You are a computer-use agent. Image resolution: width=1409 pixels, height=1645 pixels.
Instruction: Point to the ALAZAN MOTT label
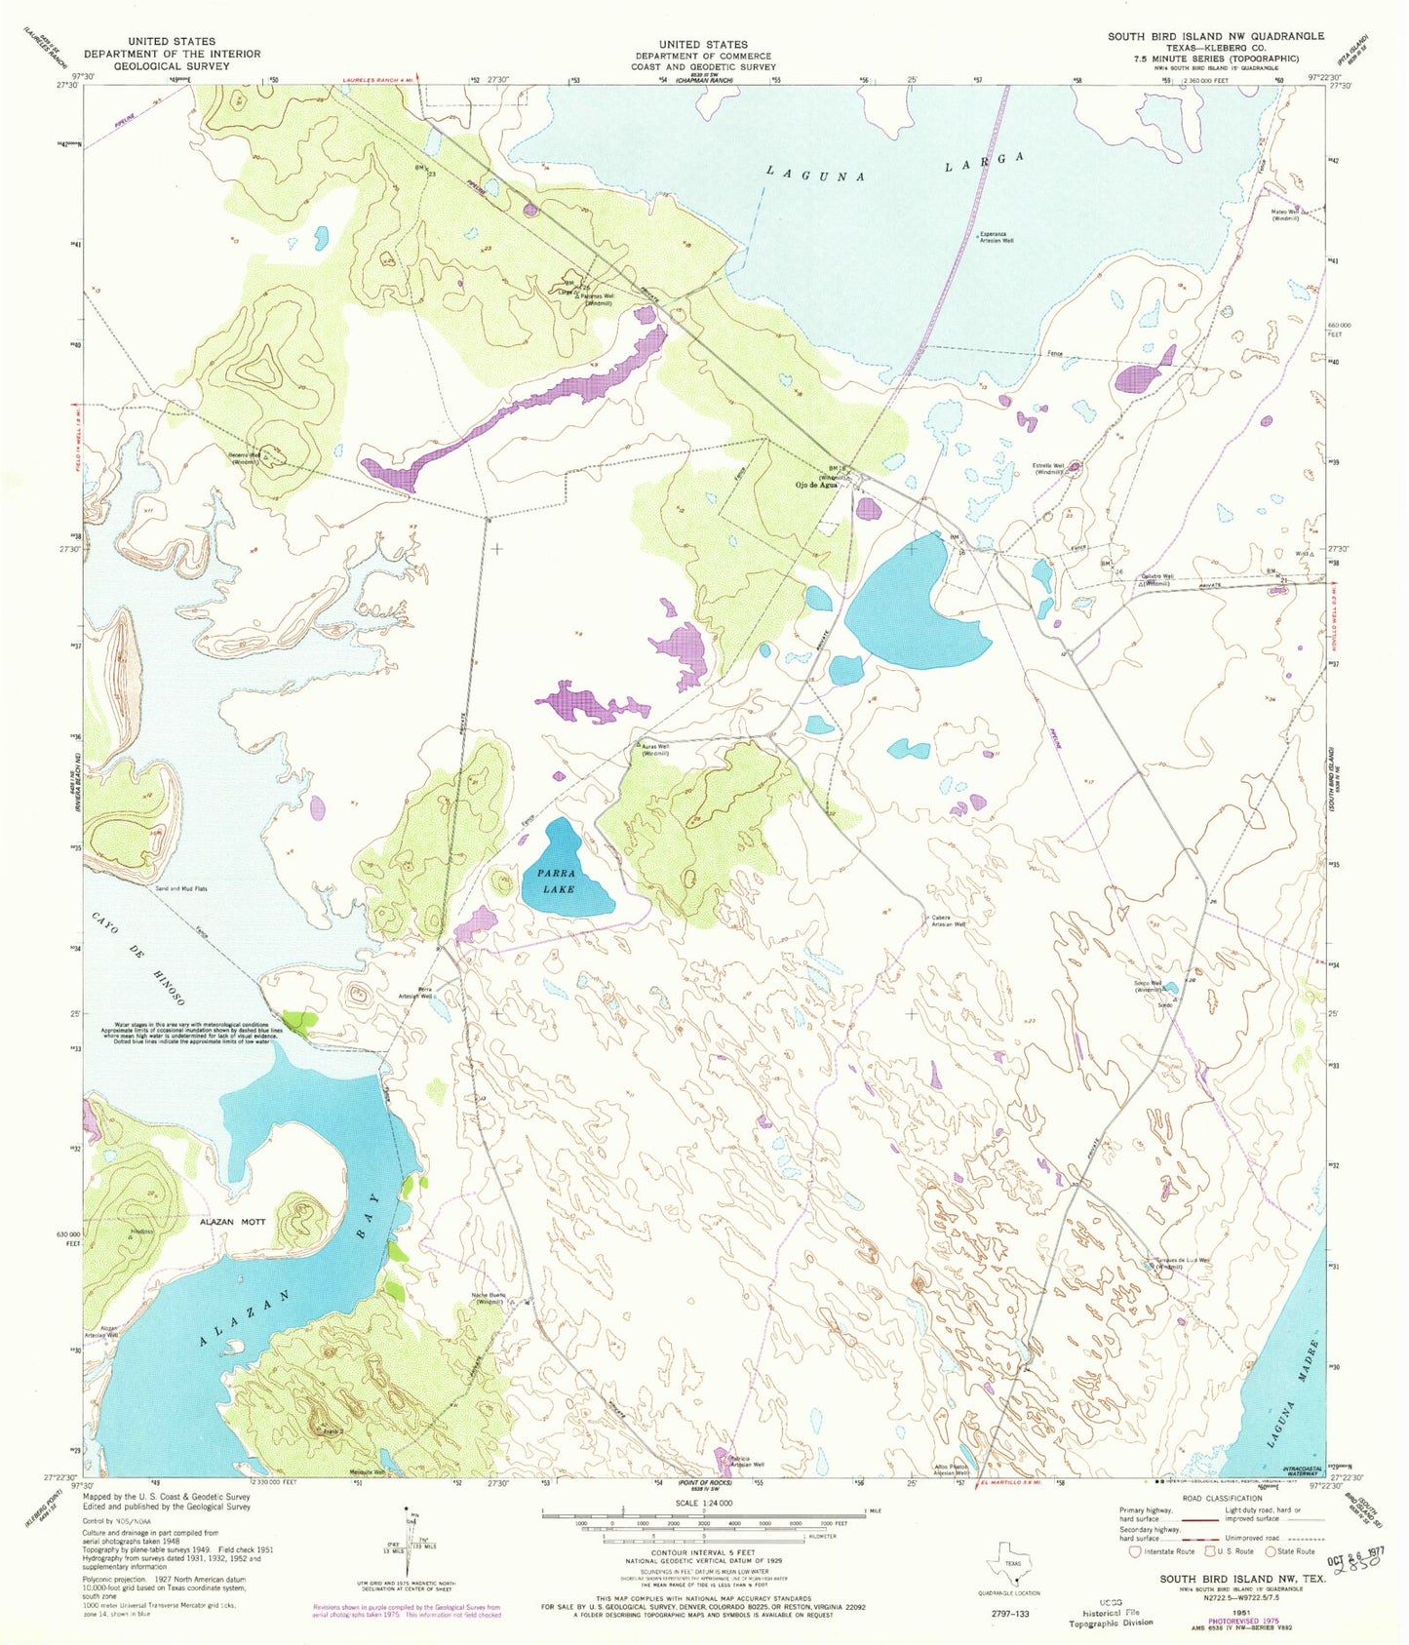(x=232, y=1220)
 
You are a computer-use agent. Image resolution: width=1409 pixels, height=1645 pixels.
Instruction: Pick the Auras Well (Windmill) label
(x=654, y=750)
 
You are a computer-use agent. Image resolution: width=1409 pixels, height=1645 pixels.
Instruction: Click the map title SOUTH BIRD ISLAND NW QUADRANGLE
(x=1215, y=36)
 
